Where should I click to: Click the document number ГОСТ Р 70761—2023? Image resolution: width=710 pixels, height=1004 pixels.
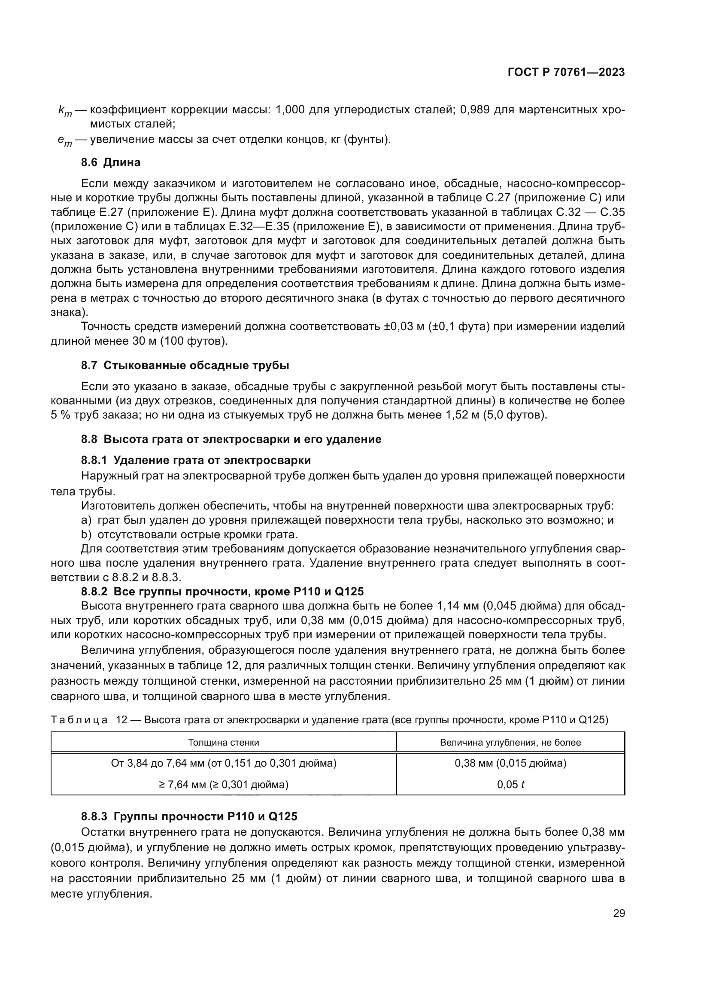coord(566,73)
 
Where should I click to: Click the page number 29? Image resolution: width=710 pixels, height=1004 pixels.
coord(619,913)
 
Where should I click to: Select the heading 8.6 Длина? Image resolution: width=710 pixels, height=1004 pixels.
coord(111,163)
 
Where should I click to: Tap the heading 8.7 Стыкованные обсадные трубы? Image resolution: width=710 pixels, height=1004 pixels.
coord(185,366)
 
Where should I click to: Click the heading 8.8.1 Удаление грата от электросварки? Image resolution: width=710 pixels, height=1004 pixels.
coord(196,461)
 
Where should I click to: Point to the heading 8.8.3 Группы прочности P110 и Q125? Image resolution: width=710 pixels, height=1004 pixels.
coord(189,817)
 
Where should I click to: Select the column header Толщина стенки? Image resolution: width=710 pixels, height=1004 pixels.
coord(223,743)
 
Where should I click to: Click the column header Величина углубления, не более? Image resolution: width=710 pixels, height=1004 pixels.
coord(510,743)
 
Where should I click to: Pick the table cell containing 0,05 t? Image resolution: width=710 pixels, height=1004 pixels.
coord(510,785)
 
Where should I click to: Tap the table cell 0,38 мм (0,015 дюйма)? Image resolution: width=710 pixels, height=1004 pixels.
coord(510,764)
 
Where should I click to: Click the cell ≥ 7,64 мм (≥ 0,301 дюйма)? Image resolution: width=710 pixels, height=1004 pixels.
coord(223,785)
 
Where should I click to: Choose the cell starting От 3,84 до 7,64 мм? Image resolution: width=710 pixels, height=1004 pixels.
coord(223,764)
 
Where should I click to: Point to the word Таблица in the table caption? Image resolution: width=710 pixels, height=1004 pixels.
coord(79,720)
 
